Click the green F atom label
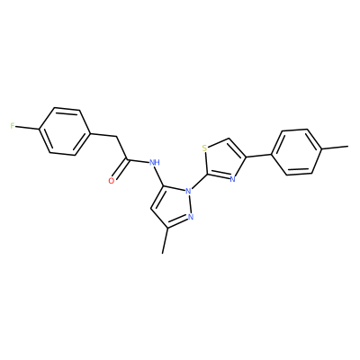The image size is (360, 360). pos(13,126)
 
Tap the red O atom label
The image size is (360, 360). pos(112,181)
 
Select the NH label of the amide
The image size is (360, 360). pos(154,163)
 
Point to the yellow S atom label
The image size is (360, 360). pos(204,148)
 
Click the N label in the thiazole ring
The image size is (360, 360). pos(232,180)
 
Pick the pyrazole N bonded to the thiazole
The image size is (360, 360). pos(188,191)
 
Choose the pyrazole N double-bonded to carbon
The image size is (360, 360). pos(191,217)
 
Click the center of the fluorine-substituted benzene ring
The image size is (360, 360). pos(65,131)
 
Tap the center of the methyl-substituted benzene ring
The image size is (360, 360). pos(297,152)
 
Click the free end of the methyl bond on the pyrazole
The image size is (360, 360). pos(162,254)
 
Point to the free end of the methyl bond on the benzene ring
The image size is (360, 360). pos(348,147)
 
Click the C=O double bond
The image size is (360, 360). pos(121,169)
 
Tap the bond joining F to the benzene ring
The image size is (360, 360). pos(27,128)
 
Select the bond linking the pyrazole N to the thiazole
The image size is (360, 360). pos(199,182)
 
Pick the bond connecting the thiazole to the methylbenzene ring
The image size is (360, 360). pos(259,157)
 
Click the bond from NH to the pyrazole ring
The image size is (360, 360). pos(159,176)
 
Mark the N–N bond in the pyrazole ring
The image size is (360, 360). pos(190,203)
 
